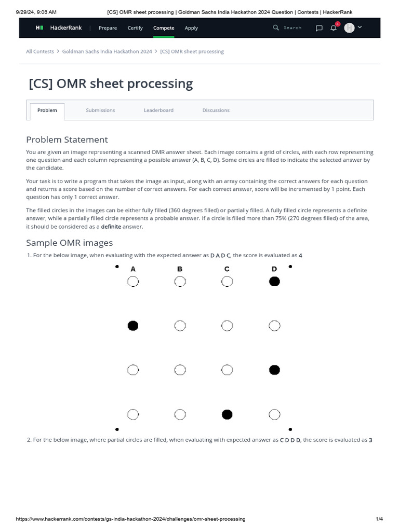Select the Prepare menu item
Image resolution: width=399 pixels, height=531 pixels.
tap(108, 28)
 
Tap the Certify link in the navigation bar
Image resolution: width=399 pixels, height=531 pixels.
tap(135, 28)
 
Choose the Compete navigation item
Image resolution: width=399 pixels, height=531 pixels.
tap(164, 28)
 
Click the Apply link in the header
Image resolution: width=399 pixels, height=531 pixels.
tap(191, 28)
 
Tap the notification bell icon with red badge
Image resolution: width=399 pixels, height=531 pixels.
tap(334, 28)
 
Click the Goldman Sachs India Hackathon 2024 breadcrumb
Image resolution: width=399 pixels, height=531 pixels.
tap(107, 52)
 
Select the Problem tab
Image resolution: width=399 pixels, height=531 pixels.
tap(47, 110)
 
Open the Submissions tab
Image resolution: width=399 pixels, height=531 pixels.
tap(100, 110)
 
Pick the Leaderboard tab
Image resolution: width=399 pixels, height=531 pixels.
tap(158, 110)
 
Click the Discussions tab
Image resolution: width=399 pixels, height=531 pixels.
tap(216, 110)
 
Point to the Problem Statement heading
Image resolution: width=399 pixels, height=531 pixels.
tap(67, 139)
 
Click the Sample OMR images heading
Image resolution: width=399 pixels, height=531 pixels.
tap(69, 243)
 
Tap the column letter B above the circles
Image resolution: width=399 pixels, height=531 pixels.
tap(180, 269)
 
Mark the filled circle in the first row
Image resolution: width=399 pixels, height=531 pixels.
tap(274, 282)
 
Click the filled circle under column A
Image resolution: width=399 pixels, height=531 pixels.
tap(133, 326)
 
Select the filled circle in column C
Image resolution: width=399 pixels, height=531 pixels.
tap(227, 414)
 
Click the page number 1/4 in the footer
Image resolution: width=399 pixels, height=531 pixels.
tap(379, 519)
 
